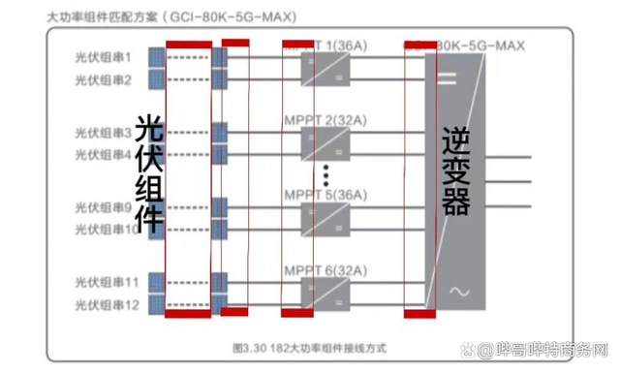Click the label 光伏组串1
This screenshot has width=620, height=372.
pyautogui.click(x=103, y=57)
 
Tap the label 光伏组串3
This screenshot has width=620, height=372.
pyautogui.click(x=103, y=133)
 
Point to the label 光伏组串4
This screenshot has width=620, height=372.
pyautogui.click(x=103, y=154)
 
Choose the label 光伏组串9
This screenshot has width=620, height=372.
pyautogui.click(x=103, y=207)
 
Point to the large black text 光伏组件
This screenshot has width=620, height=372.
pyautogui.click(x=148, y=173)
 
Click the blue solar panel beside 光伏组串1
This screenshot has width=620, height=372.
pyautogui.click(x=155, y=57)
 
